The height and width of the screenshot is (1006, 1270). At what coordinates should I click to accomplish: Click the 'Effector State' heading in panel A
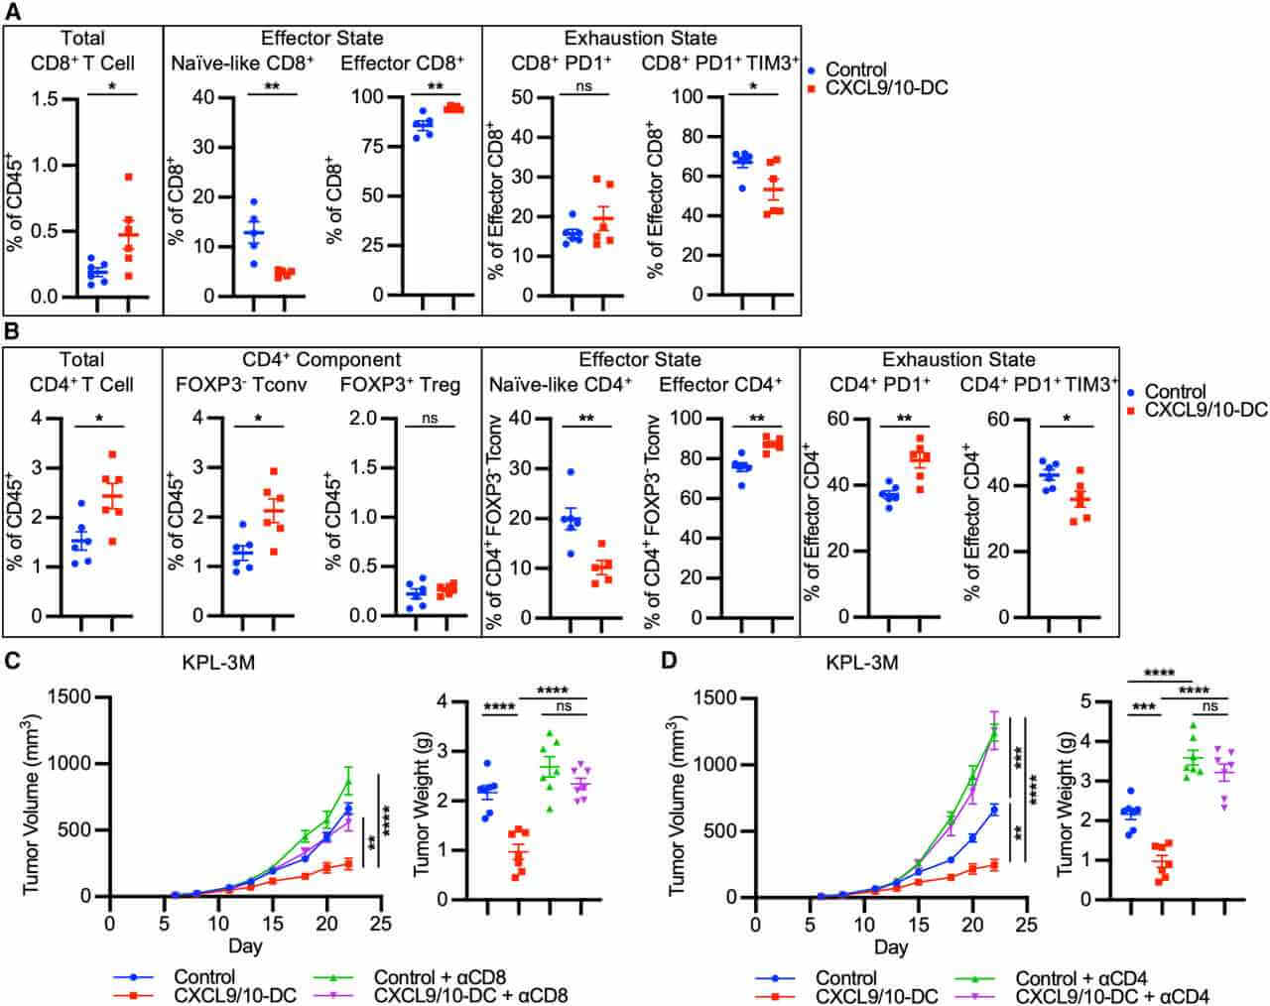321,39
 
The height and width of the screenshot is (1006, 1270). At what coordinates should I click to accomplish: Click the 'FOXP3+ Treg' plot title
403,384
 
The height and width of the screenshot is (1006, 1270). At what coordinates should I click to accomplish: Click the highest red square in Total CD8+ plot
129,178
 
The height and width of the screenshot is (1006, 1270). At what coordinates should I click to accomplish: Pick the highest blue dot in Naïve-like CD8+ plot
254,202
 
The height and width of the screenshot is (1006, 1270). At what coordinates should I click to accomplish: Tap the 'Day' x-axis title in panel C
244,945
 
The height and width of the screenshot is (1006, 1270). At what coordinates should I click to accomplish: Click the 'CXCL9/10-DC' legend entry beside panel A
886,89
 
